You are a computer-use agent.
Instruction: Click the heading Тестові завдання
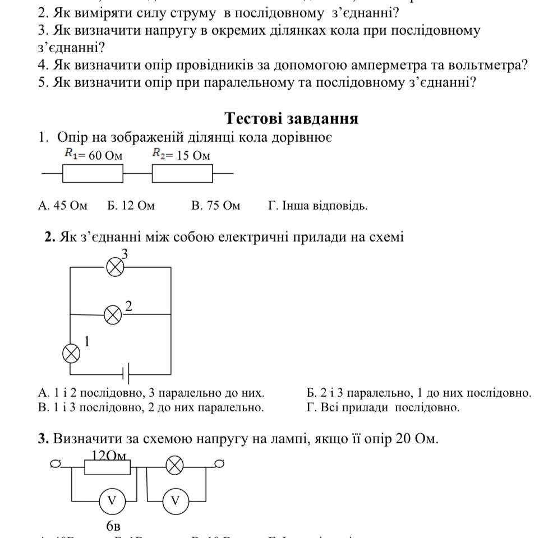click(x=292, y=118)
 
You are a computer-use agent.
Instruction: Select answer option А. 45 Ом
click(x=63, y=206)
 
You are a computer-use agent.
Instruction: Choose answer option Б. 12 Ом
click(x=131, y=206)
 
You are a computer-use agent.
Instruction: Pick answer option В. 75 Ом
click(x=215, y=206)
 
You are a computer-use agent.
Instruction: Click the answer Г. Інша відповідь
click(x=318, y=206)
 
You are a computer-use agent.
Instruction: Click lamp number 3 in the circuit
click(x=115, y=267)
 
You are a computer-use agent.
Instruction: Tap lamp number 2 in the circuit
click(x=113, y=315)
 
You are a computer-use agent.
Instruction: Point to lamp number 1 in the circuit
click(x=71, y=353)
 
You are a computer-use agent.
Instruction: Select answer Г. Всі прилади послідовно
click(x=383, y=407)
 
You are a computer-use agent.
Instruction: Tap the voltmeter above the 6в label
click(x=112, y=501)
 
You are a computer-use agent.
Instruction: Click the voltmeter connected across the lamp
click(x=176, y=501)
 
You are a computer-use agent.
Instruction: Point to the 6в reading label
click(x=113, y=526)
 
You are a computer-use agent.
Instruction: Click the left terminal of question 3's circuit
click(x=55, y=464)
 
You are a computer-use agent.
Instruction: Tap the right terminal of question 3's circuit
click(x=220, y=463)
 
